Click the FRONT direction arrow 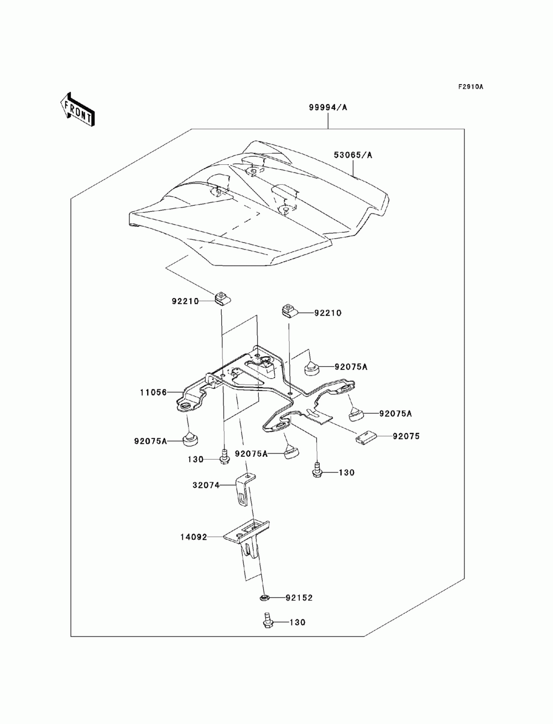pos(77,110)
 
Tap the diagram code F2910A pos(470,87)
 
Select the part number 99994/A pos(328,107)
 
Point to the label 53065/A pos(353,155)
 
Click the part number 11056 pos(153,393)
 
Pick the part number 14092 pos(194,537)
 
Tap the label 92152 pos(299,598)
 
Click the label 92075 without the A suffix pos(406,436)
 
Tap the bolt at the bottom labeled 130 pos(267,621)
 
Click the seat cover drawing pos(259,203)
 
